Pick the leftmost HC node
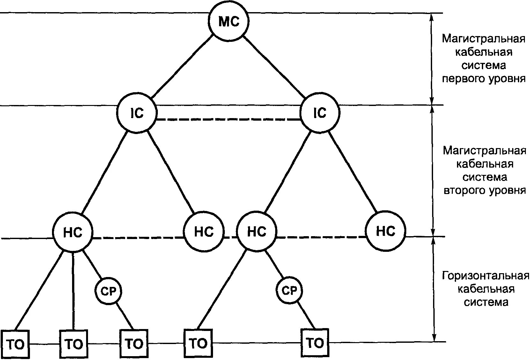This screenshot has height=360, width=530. tap(73, 232)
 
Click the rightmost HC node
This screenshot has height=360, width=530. tap(386, 231)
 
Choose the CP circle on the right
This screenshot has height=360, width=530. tap(289, 290)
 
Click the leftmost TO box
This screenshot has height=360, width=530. tap(15, 344)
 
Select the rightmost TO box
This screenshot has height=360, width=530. tap(315, 343)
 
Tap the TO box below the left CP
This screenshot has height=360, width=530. tap(134, 344)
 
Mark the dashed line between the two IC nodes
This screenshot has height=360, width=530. tap(229, 120)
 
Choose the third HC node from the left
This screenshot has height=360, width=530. tap(257, 232)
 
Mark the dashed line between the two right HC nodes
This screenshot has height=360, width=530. tap(321, 237)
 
